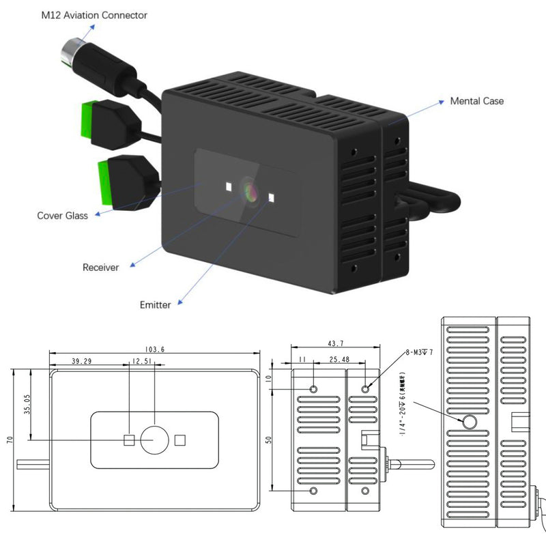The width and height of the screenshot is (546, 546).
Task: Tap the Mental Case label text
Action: click(x=476, y=101)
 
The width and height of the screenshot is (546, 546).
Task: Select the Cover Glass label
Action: click(x=62, y=216)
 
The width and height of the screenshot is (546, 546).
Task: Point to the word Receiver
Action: click(x=100, y=268)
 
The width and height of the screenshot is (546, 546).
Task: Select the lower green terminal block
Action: click(x=104, y=182)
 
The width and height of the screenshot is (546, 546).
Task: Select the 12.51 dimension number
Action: click(x=143, y=360)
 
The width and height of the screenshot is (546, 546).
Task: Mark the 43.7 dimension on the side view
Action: click(x=336, y=343)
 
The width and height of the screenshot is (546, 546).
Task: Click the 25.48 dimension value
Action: click(x=339, y=359)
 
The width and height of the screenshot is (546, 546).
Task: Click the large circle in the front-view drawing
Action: click(x=155, y=441)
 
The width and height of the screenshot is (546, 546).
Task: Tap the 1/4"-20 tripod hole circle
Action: click(x=470, y=422)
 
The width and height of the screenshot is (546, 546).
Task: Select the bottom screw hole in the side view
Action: click(x=313, y=491)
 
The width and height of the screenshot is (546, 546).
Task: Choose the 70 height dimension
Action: click(x=9, y=440)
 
